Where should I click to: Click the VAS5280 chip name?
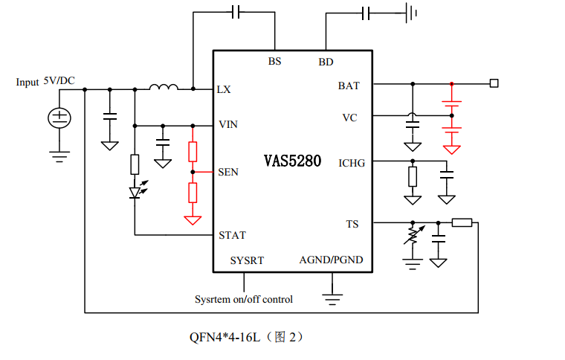point(292,161)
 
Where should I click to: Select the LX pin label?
point(224,89)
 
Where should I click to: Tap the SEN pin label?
point(228,172)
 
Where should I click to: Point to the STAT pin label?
point(232,235)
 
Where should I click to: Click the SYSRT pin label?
point(247,260)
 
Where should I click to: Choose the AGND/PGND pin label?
point(331,260)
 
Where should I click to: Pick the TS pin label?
point(352,223)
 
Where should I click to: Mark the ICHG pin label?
point(351,163)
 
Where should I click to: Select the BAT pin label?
point(349,86)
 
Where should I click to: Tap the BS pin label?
point(275,62)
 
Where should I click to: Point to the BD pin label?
point(326,62)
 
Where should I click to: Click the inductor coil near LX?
point(164,88)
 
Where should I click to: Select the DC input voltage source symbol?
point(59,118)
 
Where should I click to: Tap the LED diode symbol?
point(135,192)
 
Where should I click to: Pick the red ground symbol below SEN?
point(193,220)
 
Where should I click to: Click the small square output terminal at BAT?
point(493,83)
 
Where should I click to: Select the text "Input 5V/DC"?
point(45,81)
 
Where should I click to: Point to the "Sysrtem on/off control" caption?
point(244,299)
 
